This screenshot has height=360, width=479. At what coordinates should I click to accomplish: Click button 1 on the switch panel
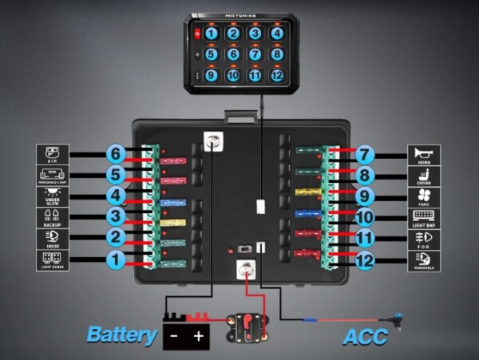(x=212, y=34)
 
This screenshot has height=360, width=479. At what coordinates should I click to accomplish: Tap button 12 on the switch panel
(x=276, y=76)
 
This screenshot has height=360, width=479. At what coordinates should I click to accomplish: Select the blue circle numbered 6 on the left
(x=115, y=153)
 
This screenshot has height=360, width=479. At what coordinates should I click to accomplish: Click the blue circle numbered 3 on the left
(x=115, y=216)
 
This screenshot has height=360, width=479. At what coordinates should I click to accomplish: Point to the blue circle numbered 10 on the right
(x=365, y=216)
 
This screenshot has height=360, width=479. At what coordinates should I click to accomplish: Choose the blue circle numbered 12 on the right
(x=365, y=259)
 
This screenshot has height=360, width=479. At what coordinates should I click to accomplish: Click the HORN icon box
(x=424, y=153)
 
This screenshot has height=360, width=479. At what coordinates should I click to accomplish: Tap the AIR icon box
(x=53, y=153)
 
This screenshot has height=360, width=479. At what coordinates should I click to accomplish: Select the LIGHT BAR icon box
(x=424, y=216)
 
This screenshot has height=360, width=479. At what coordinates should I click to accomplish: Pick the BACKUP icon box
(x=53, y=216)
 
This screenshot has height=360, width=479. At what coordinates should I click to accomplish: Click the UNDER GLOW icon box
(x=53, y=196)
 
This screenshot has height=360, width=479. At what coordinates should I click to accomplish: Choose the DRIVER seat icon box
(x=424, y=175)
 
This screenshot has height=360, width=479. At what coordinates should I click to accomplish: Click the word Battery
(x=121, y=334)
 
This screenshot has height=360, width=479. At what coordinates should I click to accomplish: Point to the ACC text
(x=365, y=337)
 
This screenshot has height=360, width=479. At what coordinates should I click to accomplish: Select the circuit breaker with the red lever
(x=247, y=326)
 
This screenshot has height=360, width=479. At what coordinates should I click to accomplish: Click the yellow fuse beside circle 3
(x=173, y=222)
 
